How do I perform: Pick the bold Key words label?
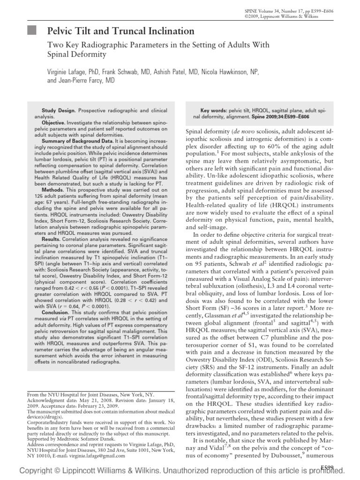pos(213,110)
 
